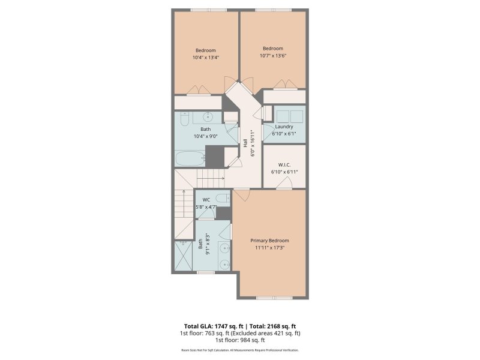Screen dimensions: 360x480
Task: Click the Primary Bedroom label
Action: (x=269, y=240)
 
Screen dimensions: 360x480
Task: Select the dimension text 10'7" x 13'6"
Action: (x=272, y=56)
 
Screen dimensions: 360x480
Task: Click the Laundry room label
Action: (x=284, y=127)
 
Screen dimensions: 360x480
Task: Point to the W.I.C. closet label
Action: (x=284, y=164)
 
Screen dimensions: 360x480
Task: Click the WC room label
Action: (x=206, y=199)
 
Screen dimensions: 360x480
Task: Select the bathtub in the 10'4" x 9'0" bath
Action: (x=189, y=159)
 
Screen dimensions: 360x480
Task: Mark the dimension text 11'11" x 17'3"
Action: (x=269, y=247)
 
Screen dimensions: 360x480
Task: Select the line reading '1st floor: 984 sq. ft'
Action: (x=240, y=340)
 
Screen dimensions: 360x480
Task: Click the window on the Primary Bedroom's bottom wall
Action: (x=273, y=297)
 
